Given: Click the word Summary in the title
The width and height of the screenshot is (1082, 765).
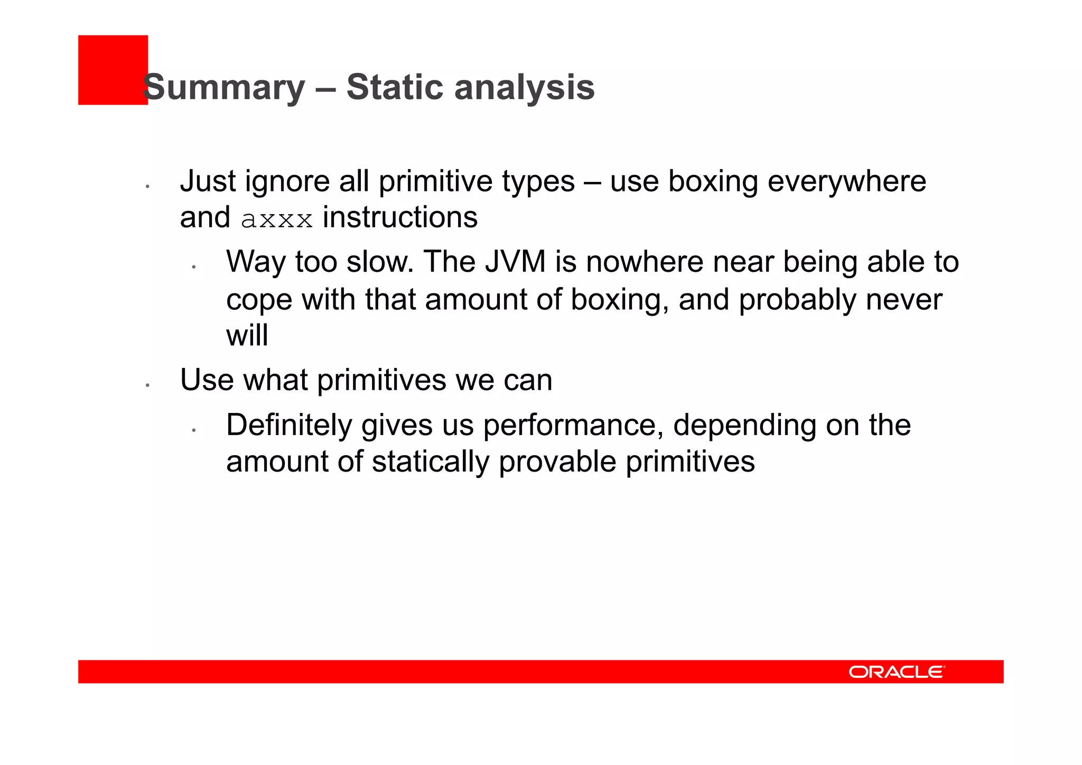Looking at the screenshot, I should [224, 87].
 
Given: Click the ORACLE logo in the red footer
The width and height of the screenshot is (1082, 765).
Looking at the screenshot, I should [897, 671].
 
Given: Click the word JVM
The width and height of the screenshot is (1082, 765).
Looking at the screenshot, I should [515, 262].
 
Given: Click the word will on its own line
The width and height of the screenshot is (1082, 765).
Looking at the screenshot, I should [247, 336].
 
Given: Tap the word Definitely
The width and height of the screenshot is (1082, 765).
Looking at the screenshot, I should [288, 425].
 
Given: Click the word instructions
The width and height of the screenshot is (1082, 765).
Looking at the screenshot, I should [400, 218].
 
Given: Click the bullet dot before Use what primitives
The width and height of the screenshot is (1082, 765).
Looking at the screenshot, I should [148, 385].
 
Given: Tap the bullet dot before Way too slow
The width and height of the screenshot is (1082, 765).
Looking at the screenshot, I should [194, 267].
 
